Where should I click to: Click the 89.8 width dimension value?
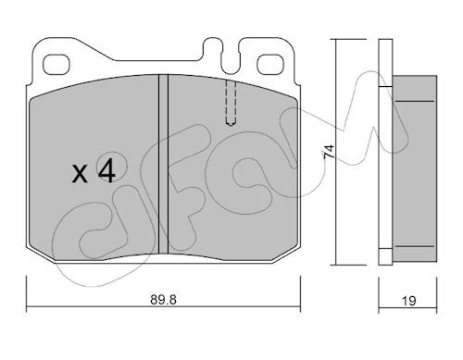[x=163, y=300]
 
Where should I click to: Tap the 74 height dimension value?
[x=329, y=152]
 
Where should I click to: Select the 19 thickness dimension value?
[x=409, y=301]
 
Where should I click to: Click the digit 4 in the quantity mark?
[x=106, y=172]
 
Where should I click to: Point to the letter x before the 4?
[x=80, y=174]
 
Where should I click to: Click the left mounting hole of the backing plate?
[x=56, y=65]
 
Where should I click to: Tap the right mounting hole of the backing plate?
[x=270, y=65]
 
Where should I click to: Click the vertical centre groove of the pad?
[x=163, y=165]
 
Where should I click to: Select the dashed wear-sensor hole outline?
[x=231, y=103]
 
